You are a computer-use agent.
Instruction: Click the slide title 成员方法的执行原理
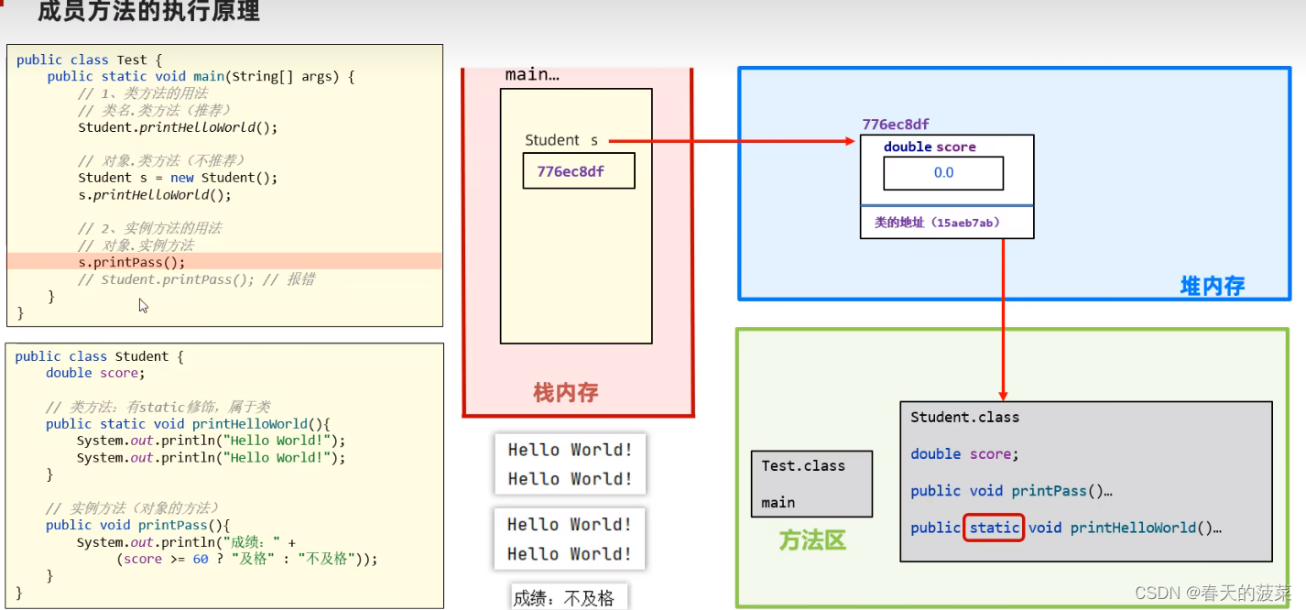148,12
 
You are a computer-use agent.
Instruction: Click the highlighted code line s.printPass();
131,262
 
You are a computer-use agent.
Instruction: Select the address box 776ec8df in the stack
578,171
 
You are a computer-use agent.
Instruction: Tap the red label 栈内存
566,393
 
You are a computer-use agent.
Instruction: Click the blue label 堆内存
1212,287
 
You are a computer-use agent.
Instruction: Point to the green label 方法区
811,540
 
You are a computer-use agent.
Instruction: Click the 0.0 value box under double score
943,172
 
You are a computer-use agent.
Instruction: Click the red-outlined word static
994,528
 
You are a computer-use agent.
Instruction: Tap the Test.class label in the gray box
803,465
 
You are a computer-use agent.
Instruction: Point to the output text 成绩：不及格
563,598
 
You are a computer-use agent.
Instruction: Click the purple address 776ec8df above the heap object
896,125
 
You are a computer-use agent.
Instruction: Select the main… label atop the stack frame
532,75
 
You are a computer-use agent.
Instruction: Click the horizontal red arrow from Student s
733,141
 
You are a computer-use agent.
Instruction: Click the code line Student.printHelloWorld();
177,127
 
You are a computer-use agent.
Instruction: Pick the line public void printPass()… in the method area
1011,491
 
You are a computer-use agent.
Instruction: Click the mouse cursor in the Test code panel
143,305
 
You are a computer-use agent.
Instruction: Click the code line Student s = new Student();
177,178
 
